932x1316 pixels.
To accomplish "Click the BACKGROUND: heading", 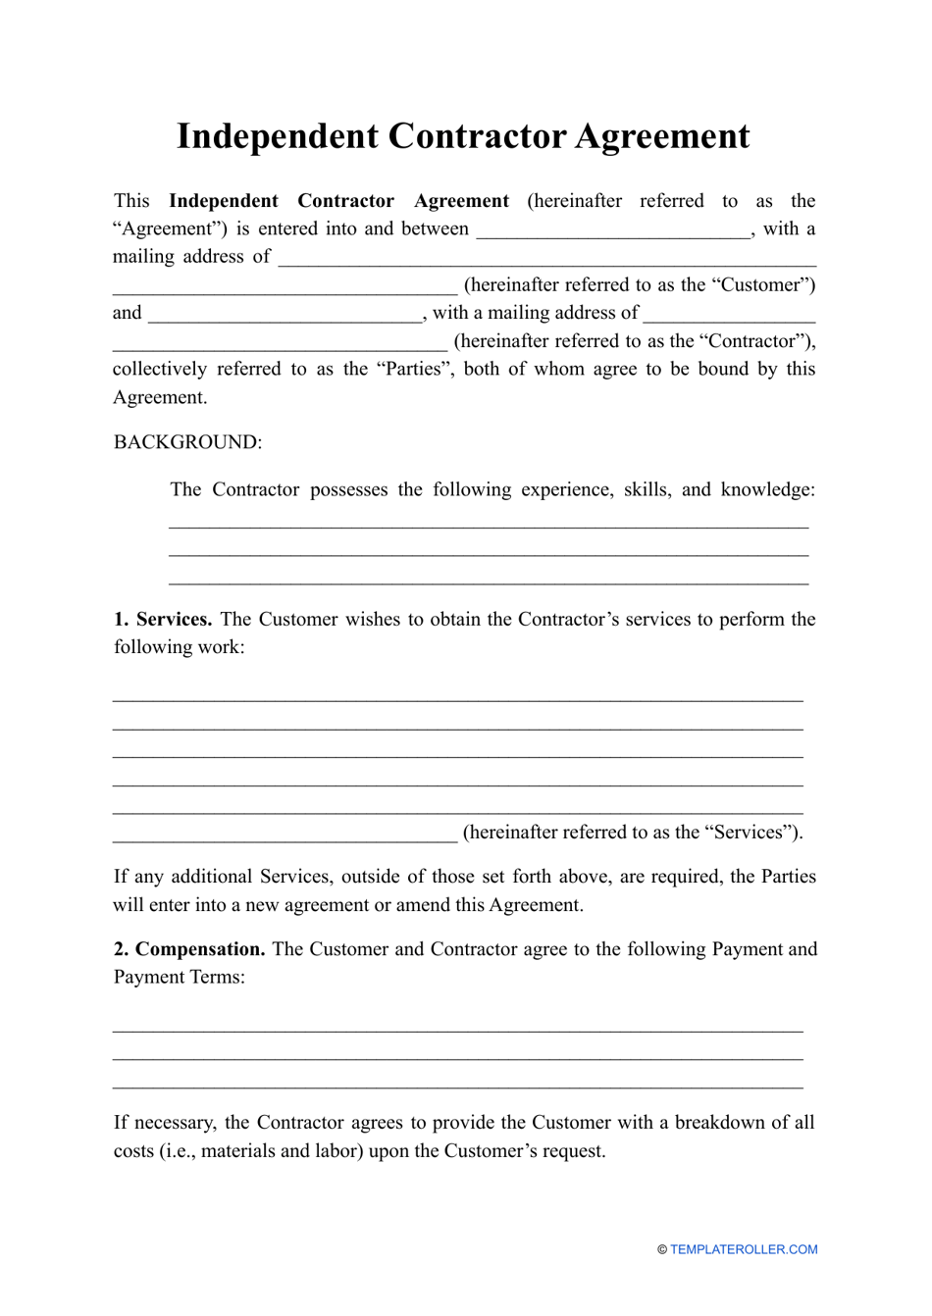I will pyautogui.click(x=187, y=442).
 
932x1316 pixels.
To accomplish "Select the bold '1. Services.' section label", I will pyautogui.click(x=163, y=619).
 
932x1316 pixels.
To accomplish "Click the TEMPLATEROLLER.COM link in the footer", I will pyautogui.click(x=744, y=1249).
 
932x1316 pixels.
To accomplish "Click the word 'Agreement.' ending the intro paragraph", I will pyautogui.click(x=160, y=397).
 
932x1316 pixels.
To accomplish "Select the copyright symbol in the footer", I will pyautogui.click(x=662, y=1249).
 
